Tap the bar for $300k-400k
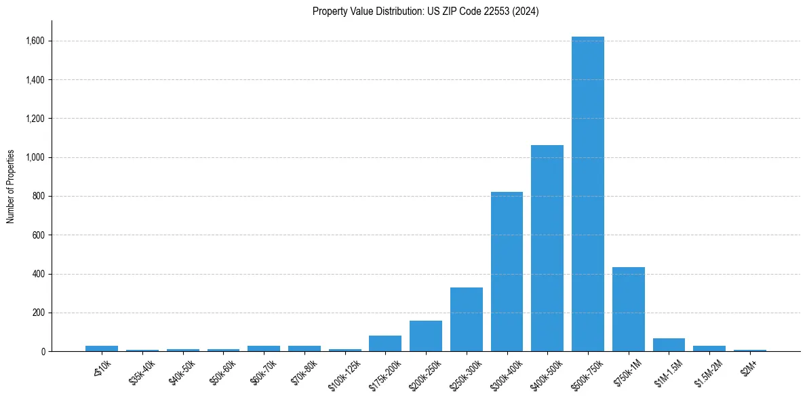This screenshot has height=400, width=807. (x=507, y=271)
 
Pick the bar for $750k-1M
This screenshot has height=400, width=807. (x=628, y=309)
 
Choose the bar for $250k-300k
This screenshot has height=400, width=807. (x=467, y=319)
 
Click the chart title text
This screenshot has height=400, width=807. (x=425, y=12)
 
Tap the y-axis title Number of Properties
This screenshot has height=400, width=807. (x=11, y=186)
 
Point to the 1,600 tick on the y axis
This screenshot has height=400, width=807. (x=35, y=41)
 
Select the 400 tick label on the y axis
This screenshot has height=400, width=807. (x=39, y=275)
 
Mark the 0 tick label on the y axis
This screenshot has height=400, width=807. (x=43, y=352)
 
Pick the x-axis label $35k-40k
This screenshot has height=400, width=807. (x=140, y=372)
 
